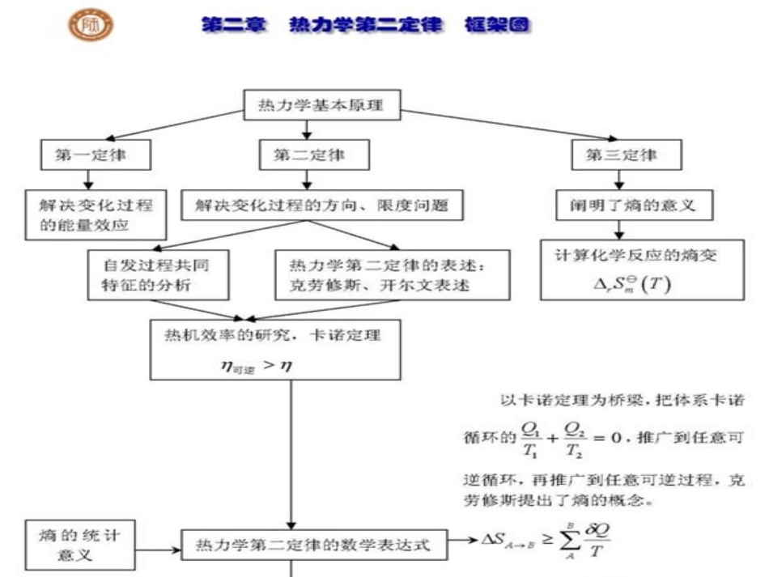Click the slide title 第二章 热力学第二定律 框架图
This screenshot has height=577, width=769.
tap(366, 25)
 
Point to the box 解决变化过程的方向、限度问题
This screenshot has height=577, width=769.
tap(322, 206)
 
